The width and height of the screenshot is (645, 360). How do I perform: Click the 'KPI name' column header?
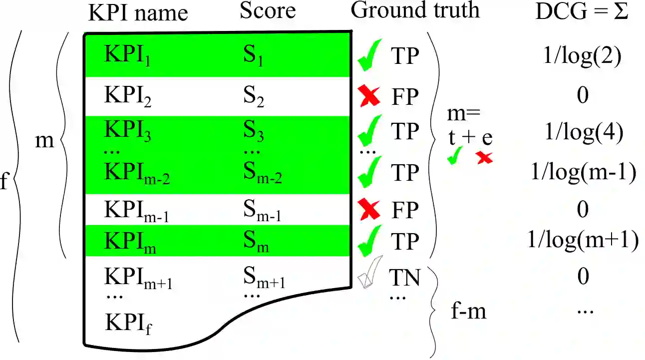click(x=138, y=13)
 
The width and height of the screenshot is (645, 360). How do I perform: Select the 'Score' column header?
click(x=268, y=11)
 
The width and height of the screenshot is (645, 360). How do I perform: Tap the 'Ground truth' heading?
click(x=415, y=10)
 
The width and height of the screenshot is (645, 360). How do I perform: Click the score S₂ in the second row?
click(x=254, y=96)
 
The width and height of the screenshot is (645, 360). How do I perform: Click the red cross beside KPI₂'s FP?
click(x=370, y=96)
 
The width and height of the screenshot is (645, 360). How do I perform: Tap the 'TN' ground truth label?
click(x=405, y=278)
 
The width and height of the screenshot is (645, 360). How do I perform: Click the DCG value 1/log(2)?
click(x=582, y=57)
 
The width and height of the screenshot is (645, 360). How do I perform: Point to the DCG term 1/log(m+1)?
click(x=583, y=241)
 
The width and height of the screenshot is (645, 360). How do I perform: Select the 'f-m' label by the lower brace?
click(x=468, y=312)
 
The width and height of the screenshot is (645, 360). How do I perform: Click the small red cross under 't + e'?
click(x=484, y=158)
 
